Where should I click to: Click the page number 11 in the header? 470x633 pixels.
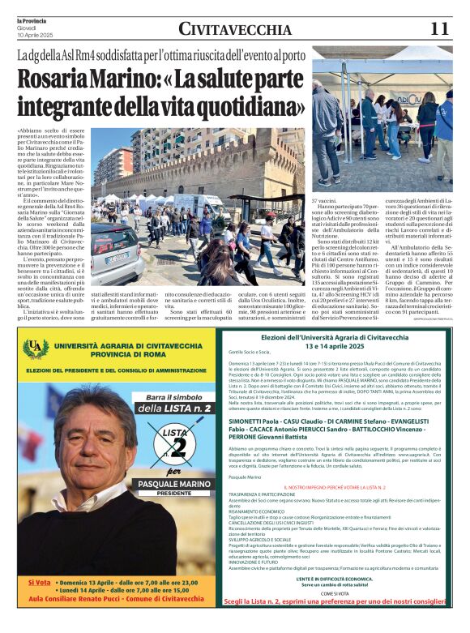pos(439,29)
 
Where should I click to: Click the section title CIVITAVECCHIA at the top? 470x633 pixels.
pos(235,30)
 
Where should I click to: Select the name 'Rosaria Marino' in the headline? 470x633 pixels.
pos(85,80)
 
